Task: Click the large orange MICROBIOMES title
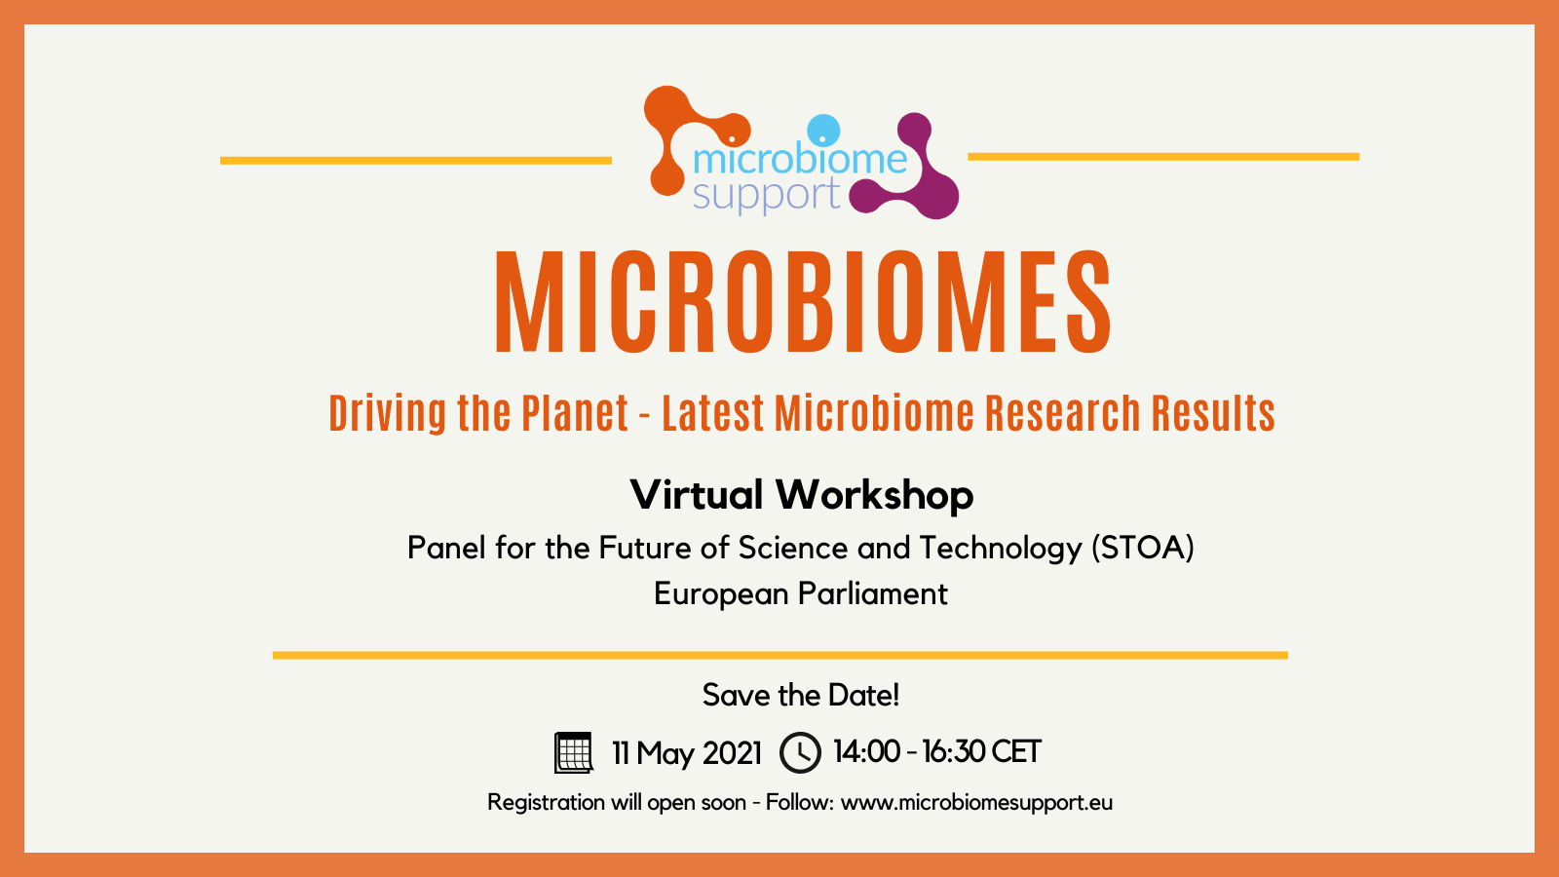[x=803, y=301]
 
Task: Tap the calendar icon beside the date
[x=574, y=752]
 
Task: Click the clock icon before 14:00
[x=800, y=752]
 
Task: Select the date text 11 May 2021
[x=686, y=753]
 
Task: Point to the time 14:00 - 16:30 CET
[x=936, y=751]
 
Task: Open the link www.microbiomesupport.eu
[x=976, y=803]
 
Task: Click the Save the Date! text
[x=800, y=696]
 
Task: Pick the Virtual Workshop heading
[x=801, y=495]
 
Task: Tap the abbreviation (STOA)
[x=1142, y=549]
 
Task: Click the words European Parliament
[x=800, y=593]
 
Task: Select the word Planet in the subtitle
[x=575, y=413]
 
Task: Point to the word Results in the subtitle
[x=1213, y=413]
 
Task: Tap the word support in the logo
[x=766, y=194]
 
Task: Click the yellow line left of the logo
[x=416, y=161]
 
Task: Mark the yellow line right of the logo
[x=1163, y=157]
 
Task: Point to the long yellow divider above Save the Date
[x=780, y=655]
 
